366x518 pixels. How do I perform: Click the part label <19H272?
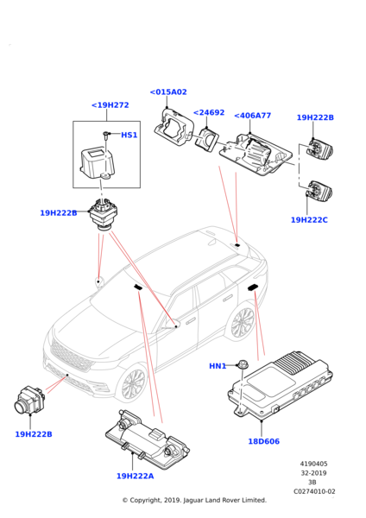tap(110, 105)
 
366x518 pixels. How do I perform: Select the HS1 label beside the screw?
tap(129, 135)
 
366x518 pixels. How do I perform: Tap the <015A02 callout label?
tap(168, 92)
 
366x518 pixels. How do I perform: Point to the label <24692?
tap(208, 112)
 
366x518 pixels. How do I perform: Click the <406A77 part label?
tap(252, 116)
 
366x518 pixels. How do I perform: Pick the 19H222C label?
tap(309, 219)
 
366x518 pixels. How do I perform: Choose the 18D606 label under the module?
tap(263, 441)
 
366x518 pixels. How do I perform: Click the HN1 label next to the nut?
tap(218, 366)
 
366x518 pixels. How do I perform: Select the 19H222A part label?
tap(136, 476)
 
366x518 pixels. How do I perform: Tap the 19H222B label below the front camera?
tap(34, 434)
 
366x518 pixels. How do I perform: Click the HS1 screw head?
tap(105, 134)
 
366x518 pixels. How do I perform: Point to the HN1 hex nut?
tap(243, 364)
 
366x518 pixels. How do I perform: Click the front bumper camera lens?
tap(21, 405)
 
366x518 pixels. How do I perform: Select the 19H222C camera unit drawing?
tap(319, 191)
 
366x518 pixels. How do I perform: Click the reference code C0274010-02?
tap(314, 491)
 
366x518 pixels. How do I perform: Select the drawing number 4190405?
tap(314, 464)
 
